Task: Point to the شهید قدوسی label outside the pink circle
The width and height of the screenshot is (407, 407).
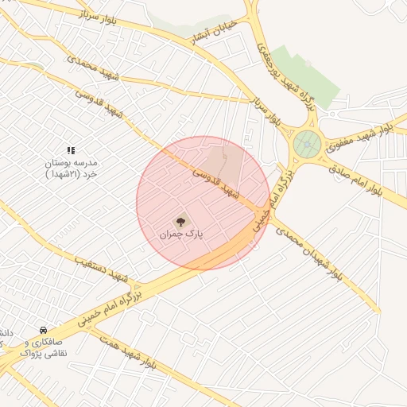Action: click(101, 103)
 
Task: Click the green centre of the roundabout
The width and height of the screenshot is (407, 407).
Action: click(306, 145)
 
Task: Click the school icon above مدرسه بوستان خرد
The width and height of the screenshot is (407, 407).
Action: click(71, 149)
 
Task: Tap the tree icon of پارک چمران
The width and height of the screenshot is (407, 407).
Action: click(181, 220)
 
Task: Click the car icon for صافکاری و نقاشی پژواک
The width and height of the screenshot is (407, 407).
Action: click(43, 330)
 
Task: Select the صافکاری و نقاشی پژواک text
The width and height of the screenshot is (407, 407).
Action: click(44, 347)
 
